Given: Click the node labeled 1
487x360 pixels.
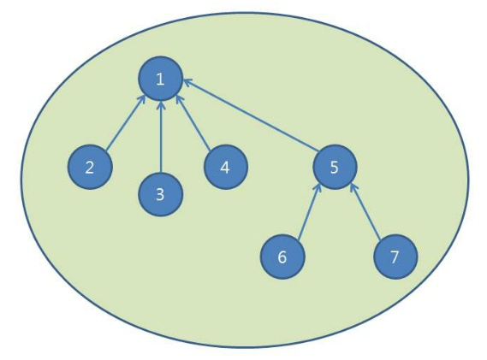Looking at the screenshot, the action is pos(160,79).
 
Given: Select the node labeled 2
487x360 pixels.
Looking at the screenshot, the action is pos(90,167).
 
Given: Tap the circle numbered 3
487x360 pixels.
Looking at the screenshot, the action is pos(160,194).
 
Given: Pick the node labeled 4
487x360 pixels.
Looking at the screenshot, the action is pos(225,167).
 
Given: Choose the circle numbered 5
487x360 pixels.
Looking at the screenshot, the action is pos(335,167).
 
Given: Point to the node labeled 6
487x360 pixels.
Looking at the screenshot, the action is pos(282,257).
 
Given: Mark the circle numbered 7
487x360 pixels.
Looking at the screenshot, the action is pos(395,257).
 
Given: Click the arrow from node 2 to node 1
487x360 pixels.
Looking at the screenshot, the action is pos(126,123).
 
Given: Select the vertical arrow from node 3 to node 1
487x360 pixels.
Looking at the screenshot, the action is pos(160,136).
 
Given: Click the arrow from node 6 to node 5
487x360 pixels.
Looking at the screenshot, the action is pos(309,212).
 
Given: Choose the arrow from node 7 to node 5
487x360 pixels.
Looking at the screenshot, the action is pos(365,212).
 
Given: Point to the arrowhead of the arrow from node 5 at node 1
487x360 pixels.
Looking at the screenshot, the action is pos(187,82).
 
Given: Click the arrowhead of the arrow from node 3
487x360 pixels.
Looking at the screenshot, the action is pos(160,104).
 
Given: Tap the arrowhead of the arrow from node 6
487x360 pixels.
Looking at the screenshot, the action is pos(318,188).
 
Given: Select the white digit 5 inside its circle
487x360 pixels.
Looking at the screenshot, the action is pos(334,168).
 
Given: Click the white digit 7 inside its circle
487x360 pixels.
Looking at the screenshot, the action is pos(395,257).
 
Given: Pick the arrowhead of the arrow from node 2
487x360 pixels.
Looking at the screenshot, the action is pos(143,98).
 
